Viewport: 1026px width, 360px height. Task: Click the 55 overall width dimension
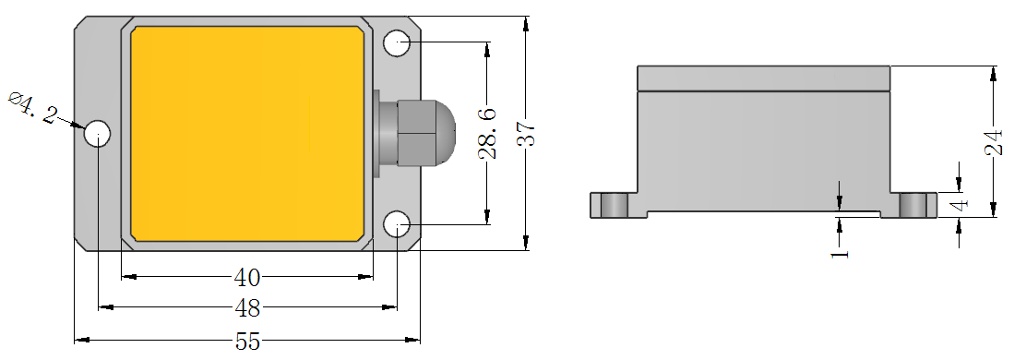click(248, 341)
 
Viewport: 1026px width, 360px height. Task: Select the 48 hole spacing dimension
click(247, 307)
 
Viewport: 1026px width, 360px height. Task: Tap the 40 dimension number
click(247, 278)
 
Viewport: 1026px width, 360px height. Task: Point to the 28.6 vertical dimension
click(487, 134)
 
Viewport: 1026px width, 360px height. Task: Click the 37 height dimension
click(527, 134)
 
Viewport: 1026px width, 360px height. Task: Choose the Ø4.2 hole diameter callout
click(32, 108)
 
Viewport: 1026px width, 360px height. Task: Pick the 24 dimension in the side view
click(994, 142)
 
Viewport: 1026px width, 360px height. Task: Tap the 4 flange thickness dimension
click(960, 204)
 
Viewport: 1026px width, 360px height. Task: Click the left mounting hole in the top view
click(98, 134)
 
